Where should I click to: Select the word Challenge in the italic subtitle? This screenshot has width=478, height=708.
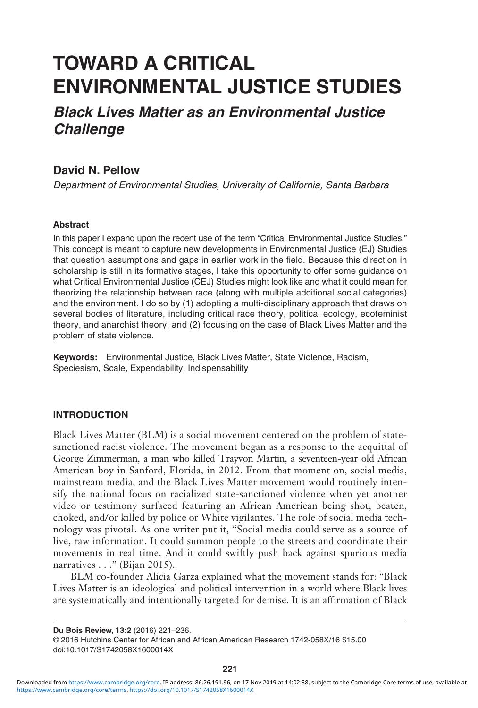pos(89,129)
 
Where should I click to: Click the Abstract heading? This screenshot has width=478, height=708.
pos(71,225)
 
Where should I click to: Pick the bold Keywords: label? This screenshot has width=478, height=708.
pos(75,357)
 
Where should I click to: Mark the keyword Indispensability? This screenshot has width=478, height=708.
pos(218,368)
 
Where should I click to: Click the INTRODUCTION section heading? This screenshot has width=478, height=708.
pos(90,415)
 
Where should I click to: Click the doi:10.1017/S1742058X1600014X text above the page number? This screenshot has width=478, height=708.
pos(113,649)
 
